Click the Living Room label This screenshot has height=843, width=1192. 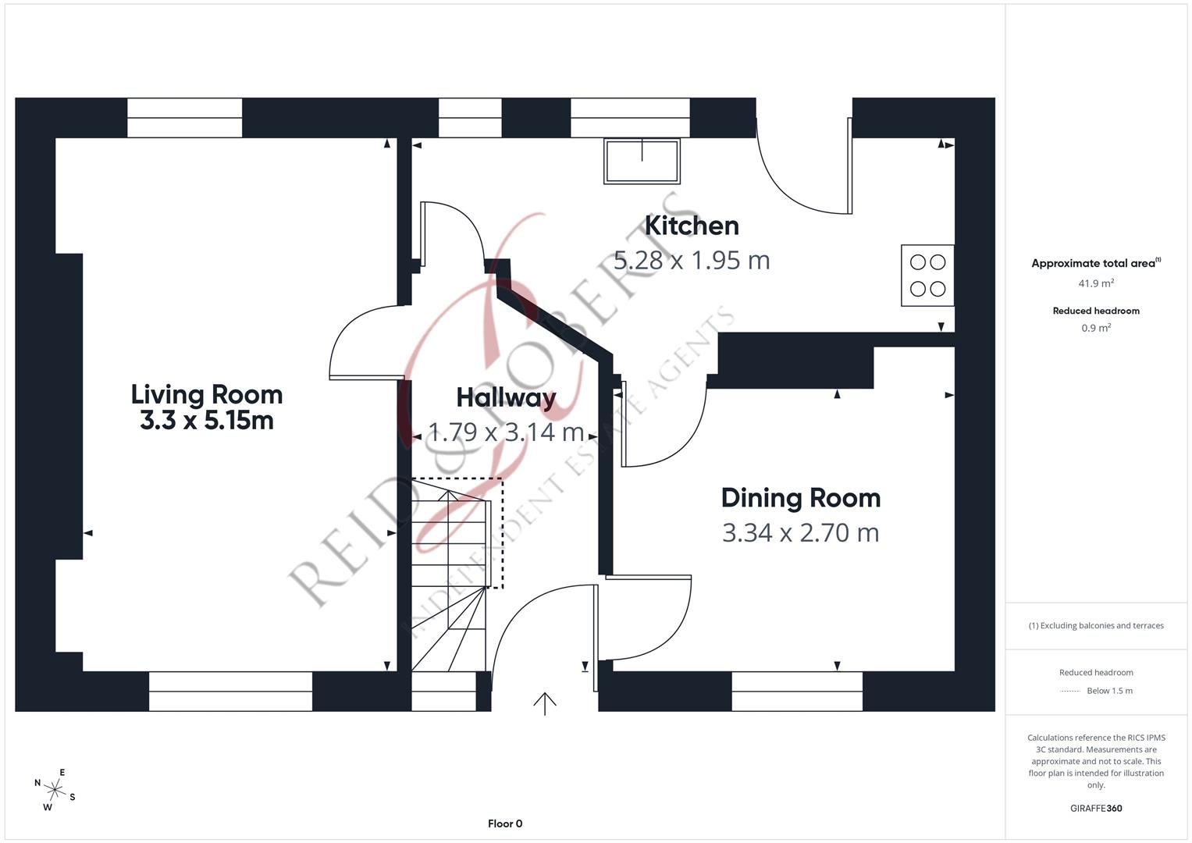tap(206, 394)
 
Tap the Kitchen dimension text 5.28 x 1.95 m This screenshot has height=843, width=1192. tap(692, 260)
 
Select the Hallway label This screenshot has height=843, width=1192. tap(506, 397)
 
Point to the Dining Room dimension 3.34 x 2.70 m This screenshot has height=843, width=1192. tap(800, 532)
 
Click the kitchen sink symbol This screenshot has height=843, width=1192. tap(642, 160)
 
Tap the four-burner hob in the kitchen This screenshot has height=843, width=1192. tap(927, 276)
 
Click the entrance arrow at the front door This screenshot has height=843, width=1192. tap(544, 703)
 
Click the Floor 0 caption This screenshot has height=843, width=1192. tap(505, 823)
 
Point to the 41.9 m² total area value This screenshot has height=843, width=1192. tap(1096, 283)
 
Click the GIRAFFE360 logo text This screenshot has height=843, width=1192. tap(1096, 808)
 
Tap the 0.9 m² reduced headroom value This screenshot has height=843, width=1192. tap(1096, 328)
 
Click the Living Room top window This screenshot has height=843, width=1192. tap(184, 118)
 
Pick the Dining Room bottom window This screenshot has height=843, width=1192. tap(797, 691)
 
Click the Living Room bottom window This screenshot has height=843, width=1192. tap(230, 691)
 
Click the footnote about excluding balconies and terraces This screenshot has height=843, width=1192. tap(1096, 625)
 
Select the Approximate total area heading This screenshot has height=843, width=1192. tap(1093, 264)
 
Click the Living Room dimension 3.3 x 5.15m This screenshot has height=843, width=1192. tap(206, 421)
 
